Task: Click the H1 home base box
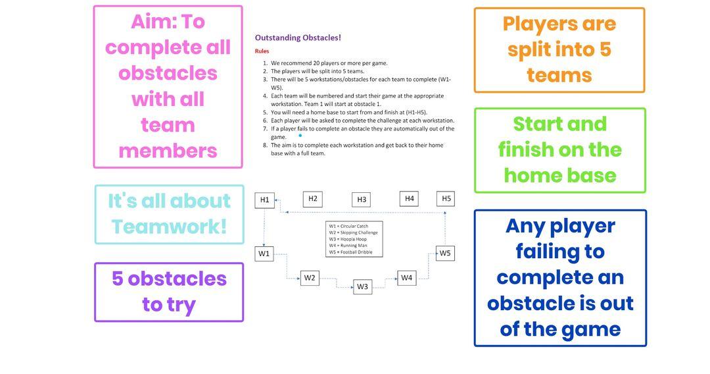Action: [264, 200]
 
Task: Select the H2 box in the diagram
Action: [313, 199]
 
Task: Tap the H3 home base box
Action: [361, 200]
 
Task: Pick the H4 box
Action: [410, 198]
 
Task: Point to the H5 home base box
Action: [446, 198]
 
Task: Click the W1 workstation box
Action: [264, 254]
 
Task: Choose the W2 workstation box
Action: [310, 278]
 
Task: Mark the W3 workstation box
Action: [362, 286]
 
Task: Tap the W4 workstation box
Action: [407, 278]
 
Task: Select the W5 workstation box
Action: [445, 253]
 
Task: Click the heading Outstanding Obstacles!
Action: [298, 38]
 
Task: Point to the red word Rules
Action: [262, 51]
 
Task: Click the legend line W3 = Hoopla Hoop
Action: [348, 239]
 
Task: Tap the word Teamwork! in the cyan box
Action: [169, 227]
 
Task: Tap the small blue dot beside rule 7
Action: [300, 134]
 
